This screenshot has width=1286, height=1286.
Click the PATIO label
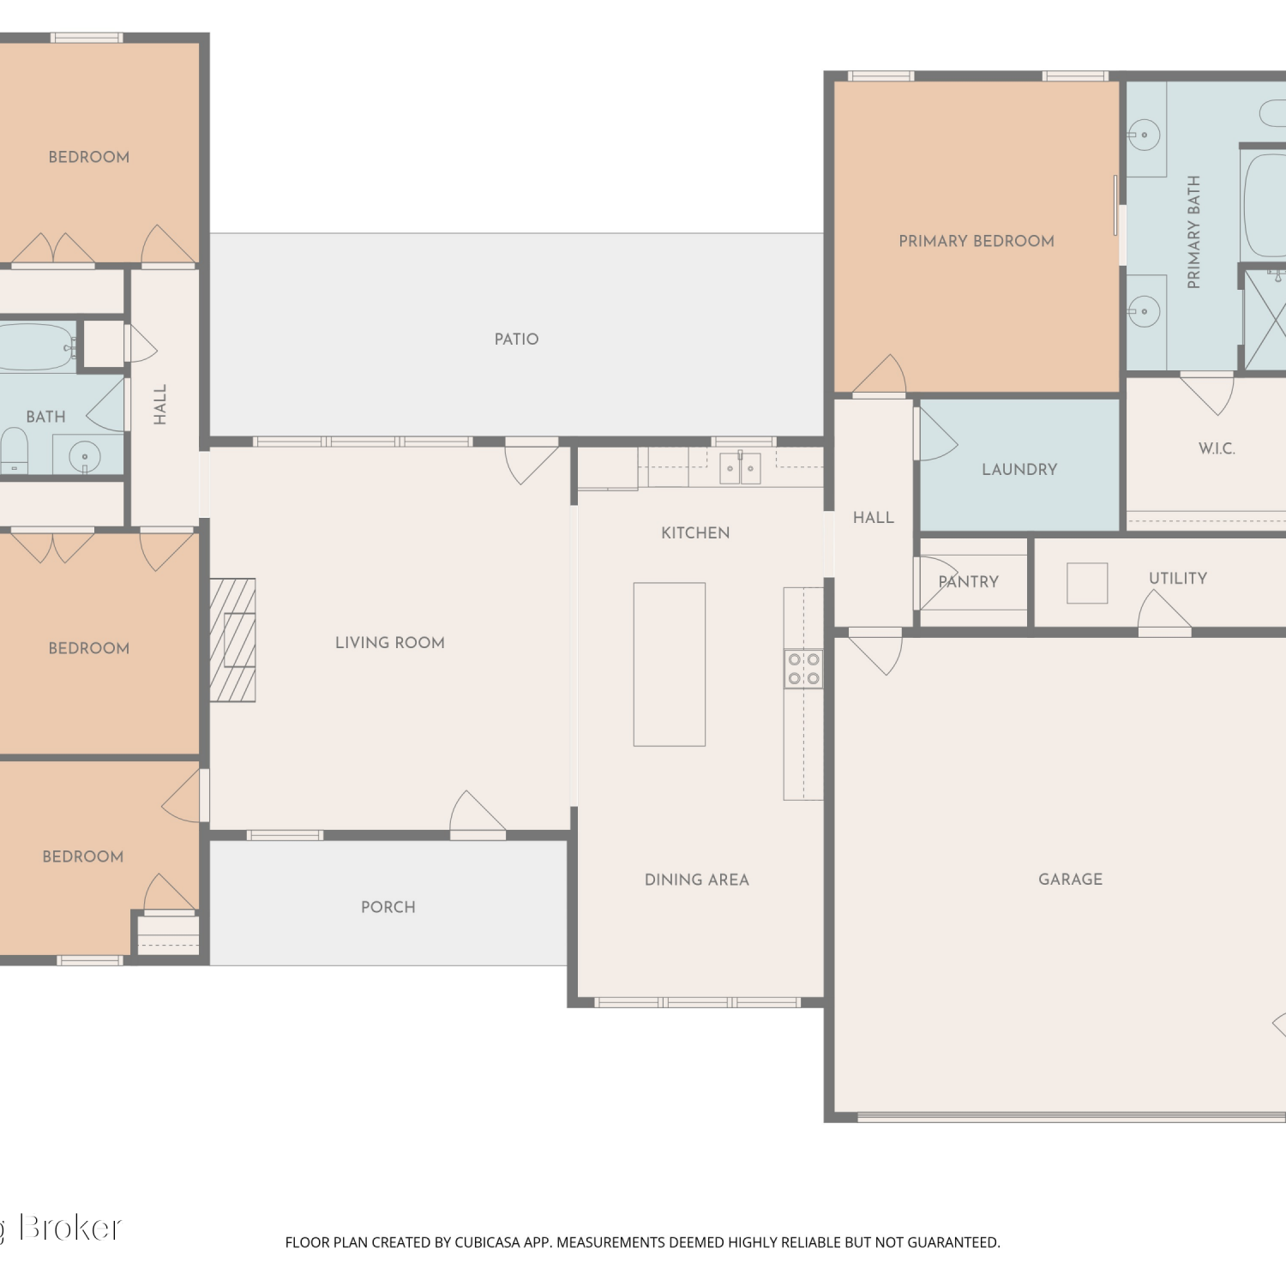pyautogui.click(x=516, y=340)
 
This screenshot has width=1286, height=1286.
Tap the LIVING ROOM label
pyautogui.click(x=390, y=643)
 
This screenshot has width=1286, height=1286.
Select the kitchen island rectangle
pyautogui.click(x=670, y=664)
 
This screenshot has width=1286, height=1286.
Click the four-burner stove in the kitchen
pyautogui.click(x=803, y=669)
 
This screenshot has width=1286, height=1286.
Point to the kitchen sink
pyautogui.click(x=740, y=468)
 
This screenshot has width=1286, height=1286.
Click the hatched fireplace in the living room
pyautogui.click(x=232, y=640)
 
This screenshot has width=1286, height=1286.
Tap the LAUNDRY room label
pyautogui.click(x=1019, y=470)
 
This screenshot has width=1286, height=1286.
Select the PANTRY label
pyautogui.click(x=969, y=582)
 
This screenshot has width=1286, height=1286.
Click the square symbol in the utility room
pyautogui.click(x=1087, y=583)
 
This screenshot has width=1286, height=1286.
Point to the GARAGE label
pyautogui.click(x=1071, y=880)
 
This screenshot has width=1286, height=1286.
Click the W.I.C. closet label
pyautogui.click(x=1217, y=448)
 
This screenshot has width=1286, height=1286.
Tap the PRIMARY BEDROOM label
pyautogui.click(x=977, y=242)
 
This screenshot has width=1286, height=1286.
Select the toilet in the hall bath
pyautogui.click(x=14, y=451)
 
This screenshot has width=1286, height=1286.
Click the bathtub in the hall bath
pyautogui.click(x=36, y=346)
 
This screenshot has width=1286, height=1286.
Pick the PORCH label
pyautogui.click(x=388, y=907)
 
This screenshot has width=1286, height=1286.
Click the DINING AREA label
pyautogui.click(x=697, y=880)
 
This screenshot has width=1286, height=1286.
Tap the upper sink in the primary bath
pyautogui.click(x=1144, y=135)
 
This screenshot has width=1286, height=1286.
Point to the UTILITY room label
pyautogui.click(x=1178, y=579)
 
